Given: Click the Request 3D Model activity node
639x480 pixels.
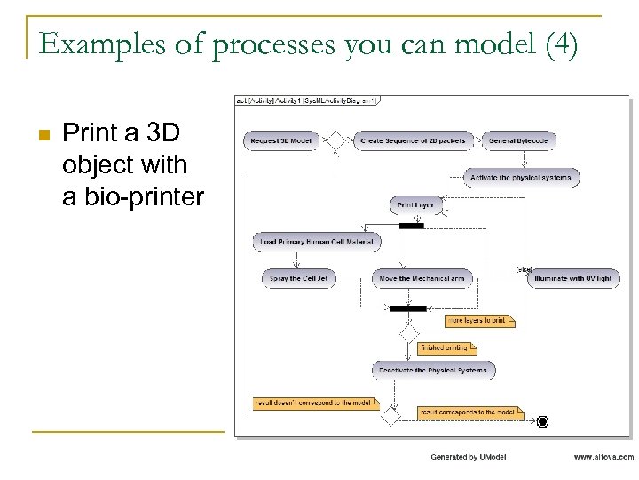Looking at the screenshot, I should pyautogui.click(x=281, y=141).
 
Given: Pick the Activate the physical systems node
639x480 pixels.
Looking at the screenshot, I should pyautogui.click(x=522, y=178).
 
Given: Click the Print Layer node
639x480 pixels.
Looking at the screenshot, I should pyautogui.click(x=416, y=205).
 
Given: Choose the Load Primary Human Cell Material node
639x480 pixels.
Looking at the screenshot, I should pyautogui.click(x=317, y=241).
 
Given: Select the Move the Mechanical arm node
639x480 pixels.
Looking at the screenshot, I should pyautogui.click(x=422, y=278).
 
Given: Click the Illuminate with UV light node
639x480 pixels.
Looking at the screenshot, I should pyautogui.click(x=572, y=278).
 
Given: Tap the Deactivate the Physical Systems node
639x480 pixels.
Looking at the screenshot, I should pyautogui.click(x=433, y=370).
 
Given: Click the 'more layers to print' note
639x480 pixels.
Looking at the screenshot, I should pyautogui.click(x=479, y=321).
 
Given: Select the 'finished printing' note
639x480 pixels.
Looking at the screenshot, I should pyautogui.click(x=446, y=348).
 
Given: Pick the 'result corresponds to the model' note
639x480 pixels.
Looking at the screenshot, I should pyautogui.click(x=470, y=412).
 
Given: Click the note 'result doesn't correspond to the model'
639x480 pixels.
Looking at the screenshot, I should pyautogui.click(x=314, y=403).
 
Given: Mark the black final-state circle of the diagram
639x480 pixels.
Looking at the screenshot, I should pyautogui.click(x=542, y=421).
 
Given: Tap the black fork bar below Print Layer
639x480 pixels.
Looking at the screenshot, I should pyautogui.click(x=412, y=226).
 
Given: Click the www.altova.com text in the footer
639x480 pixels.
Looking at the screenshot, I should pyautogui.click(x=603, y=457).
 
